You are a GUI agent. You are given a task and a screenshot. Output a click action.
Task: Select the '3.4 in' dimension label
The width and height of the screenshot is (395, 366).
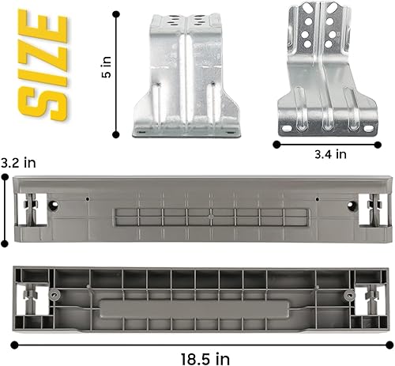(329, 155)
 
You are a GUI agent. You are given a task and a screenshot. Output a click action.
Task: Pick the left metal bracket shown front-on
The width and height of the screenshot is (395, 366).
(186, 74)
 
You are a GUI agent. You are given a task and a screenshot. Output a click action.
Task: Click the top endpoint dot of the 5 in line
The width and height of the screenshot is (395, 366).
(116, 13)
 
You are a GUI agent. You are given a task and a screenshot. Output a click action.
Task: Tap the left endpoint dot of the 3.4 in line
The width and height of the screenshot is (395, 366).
(276, 144)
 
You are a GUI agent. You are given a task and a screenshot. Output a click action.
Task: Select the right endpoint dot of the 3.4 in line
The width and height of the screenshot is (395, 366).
(382, 144)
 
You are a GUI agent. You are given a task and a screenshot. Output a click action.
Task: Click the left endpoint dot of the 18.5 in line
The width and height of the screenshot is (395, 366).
(13, 344)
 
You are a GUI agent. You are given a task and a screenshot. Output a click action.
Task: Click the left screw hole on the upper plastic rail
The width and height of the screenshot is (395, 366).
(54, 206)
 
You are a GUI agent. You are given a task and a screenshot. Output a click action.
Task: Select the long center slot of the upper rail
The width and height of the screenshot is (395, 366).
(199, 219)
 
